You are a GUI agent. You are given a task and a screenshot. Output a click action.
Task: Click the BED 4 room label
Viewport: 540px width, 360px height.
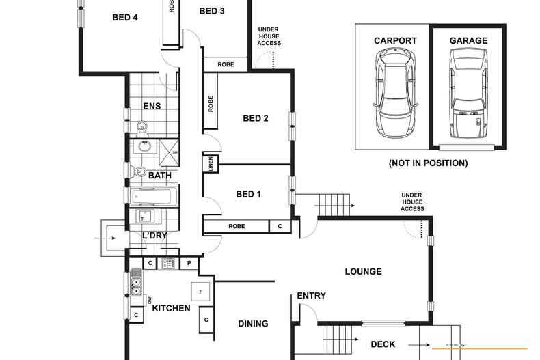[x=125, y=18]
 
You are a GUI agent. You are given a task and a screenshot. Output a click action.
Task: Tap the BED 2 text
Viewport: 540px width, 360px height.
[x=255, y=118]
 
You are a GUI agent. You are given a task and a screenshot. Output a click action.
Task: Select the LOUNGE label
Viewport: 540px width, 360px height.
[x=363, y=271]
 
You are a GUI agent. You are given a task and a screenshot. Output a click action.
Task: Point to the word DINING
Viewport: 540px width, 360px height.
[x=253, y=324]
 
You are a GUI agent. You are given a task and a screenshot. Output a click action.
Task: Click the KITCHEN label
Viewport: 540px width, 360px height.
[x=171, y=309]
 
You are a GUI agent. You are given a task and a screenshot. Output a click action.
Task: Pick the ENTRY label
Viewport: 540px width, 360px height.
[x=311, y=296]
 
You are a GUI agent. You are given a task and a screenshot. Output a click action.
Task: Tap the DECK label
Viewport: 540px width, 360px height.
[x=383, y=344]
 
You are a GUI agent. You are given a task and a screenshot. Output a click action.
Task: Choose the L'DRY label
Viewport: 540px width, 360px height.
[x=154, y=236]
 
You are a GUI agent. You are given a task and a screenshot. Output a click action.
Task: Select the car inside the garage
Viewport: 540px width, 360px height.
[x=468, y=96]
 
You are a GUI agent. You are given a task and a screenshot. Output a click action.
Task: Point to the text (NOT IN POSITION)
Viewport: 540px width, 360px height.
[x=428, y=163]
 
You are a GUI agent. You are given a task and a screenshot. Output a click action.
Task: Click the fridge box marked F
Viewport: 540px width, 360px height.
[x=200, y=292]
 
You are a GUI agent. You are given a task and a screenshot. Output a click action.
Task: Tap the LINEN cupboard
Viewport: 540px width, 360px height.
[x=210, y=164]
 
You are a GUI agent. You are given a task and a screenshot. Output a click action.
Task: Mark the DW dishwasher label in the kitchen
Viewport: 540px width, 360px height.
[x=149, y=300]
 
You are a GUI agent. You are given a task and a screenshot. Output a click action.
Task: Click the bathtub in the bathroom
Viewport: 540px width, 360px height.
[x=154, y=197]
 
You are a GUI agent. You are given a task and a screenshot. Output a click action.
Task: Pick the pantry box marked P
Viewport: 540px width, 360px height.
[x=189, y=262]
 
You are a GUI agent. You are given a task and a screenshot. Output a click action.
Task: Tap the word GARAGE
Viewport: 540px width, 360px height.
[x=468, y=41]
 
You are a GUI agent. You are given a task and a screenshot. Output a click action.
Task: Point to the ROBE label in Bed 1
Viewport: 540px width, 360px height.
[x=237, y=226]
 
